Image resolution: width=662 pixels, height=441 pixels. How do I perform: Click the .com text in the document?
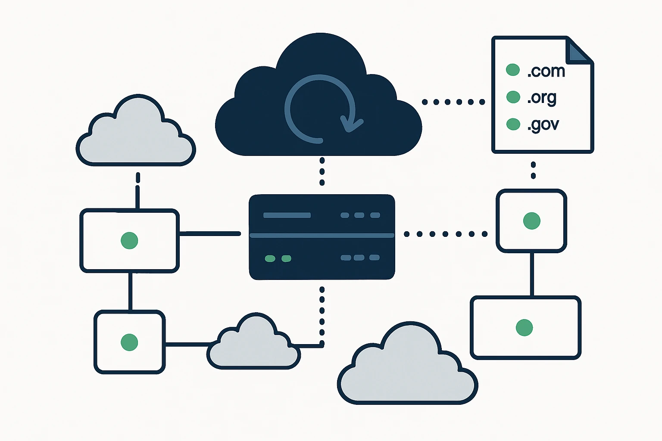coord(546,71)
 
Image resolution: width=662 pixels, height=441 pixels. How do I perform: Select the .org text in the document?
coord(542,98)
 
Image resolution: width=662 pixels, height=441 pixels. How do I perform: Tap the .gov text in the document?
coord(543,125)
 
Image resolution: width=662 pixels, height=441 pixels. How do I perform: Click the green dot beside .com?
coord(512,70)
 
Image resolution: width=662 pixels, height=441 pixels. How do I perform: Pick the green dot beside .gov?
coord(513,124)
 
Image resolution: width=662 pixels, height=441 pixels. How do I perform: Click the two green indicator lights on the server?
coord(278,258)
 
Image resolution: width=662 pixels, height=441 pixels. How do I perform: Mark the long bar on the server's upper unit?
coord(287,215)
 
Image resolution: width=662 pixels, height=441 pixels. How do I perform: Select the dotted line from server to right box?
coord(445,234)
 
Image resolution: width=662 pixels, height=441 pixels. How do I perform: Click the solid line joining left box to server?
coord(210,233)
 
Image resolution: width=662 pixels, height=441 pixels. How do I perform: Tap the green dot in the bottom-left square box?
coord(129,342)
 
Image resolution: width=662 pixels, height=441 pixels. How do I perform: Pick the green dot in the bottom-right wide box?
coord(524,328)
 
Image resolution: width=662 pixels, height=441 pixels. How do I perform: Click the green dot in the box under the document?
coord(531,220)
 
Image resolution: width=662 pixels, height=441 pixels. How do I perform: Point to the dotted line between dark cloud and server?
coord(322,171)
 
